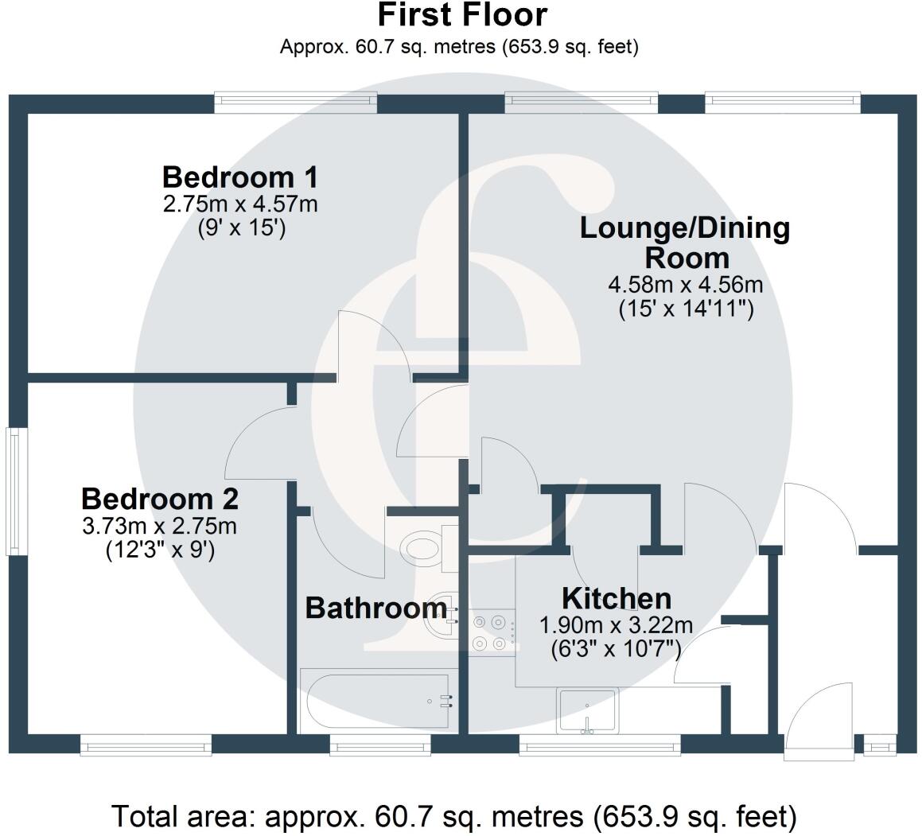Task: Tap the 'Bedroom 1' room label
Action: pos(240,177)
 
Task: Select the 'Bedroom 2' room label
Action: pos(160,499)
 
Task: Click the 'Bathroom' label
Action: pos(375,608)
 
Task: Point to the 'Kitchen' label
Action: pos(617,598)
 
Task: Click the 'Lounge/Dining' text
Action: pos(685,228)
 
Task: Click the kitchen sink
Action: pos(587,711)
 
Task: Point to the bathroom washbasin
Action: pos(441,616)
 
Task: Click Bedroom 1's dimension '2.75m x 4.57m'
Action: pos(240,204)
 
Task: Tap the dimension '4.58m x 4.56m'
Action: pos(686,285)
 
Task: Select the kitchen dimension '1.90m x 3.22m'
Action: pos(617,625)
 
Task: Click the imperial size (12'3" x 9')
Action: pos(160,550)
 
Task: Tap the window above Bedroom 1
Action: pos(295,101)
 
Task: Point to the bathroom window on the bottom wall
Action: pos(379,747)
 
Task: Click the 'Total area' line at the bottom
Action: pos(454,816)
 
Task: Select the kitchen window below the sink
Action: pos(600,747)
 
